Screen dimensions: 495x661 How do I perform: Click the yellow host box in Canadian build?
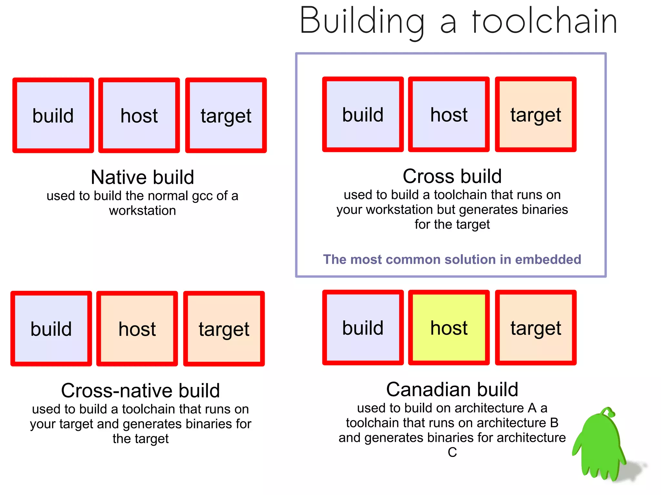449,328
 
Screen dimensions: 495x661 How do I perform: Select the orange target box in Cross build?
535,114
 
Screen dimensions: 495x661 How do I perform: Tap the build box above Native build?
53,115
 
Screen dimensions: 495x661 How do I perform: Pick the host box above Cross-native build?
137,329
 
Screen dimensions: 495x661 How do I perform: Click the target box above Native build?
226,115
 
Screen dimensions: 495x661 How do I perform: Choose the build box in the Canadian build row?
363,328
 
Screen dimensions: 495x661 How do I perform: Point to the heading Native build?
142,177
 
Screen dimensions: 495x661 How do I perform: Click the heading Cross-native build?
140,391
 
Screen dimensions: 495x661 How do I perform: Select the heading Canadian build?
452,389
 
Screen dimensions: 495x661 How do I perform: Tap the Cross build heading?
452,176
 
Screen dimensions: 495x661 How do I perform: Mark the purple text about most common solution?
452,259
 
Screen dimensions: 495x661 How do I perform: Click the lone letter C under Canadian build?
452,452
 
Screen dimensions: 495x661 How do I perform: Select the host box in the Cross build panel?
449,114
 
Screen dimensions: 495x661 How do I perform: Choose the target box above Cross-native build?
224,329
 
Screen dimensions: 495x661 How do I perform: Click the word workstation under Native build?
142,211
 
